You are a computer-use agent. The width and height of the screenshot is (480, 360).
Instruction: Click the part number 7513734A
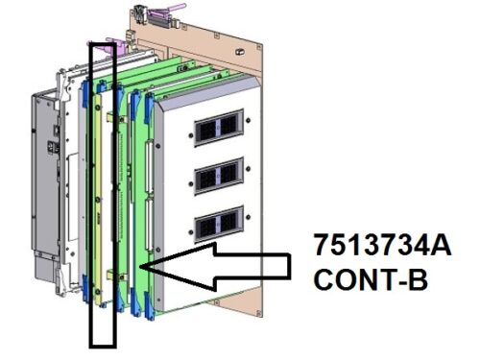click(x=382, y=245)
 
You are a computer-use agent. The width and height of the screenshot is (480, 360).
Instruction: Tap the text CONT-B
click(x=371, y=279)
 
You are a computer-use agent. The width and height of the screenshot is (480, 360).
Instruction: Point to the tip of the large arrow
click(x=141, y=266)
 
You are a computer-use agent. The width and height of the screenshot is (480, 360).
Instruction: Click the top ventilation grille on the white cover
click(x=219, y=128)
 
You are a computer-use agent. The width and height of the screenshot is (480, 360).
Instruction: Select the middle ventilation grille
click(x=219, y=176)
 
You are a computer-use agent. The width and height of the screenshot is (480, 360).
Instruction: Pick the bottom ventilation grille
click(x=219, y=224)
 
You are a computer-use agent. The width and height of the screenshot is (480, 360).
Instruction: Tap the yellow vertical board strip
click(x=98, y=199)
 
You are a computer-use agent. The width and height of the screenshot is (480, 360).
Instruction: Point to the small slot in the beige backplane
click(x=238, y=51)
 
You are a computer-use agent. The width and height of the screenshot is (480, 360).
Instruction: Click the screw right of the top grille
click(x=248, y=121)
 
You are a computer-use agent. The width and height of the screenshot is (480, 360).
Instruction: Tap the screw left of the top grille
click(x=191, y=135)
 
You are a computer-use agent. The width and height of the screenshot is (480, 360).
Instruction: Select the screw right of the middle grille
click(x=248, y=169)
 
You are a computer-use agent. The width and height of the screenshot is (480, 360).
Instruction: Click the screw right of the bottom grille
click(x=248, y=217)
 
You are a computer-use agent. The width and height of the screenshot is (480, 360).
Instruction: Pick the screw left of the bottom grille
click(x=191, y=231)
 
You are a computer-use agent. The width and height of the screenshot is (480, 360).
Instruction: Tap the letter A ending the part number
click(x=442, y=245)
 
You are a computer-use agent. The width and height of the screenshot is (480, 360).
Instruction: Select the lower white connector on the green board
click(x=148, y=225)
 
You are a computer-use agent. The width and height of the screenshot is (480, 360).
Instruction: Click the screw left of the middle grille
click(x=191, y=183)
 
